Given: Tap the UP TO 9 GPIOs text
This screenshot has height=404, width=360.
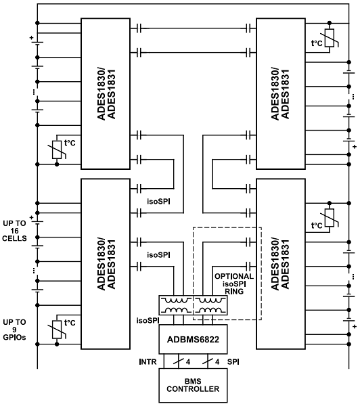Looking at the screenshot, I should tap(15, 328).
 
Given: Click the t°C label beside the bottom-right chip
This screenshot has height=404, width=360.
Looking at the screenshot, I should tap(315, 225).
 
